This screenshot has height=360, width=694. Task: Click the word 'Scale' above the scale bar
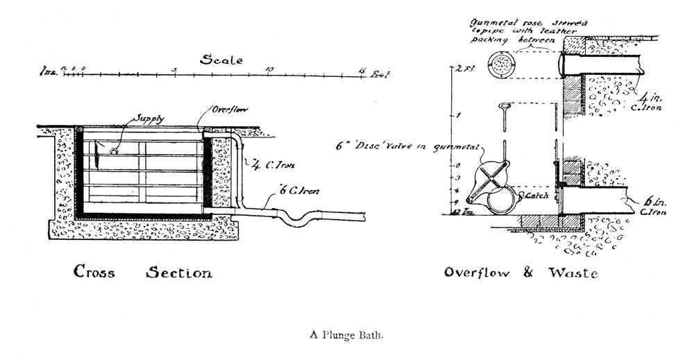pyautogui.click(x=221, y=60)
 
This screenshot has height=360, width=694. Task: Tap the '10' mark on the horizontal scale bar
pyautogui.click(x=269, y=69)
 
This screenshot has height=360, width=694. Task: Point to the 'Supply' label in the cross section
pyautogui.click(x=150, y=119)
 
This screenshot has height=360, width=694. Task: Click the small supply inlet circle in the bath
pyautogui.click(x=114, y=150)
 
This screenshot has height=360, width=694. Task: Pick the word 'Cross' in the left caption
pyautogui.click(x=94, y=273)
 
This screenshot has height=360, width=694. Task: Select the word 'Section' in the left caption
pyautogui.click(x=178, y=273)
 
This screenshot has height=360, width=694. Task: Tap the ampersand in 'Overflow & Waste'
pyautogui.click(x=528, y=273)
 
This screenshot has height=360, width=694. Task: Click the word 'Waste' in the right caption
pyautogui.click(x=573, y=273)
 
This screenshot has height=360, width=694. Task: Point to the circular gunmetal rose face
pyautogui.click(x=499, y=63)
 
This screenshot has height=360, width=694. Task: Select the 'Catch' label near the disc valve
pyautogui.click(x=537, y=196)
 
